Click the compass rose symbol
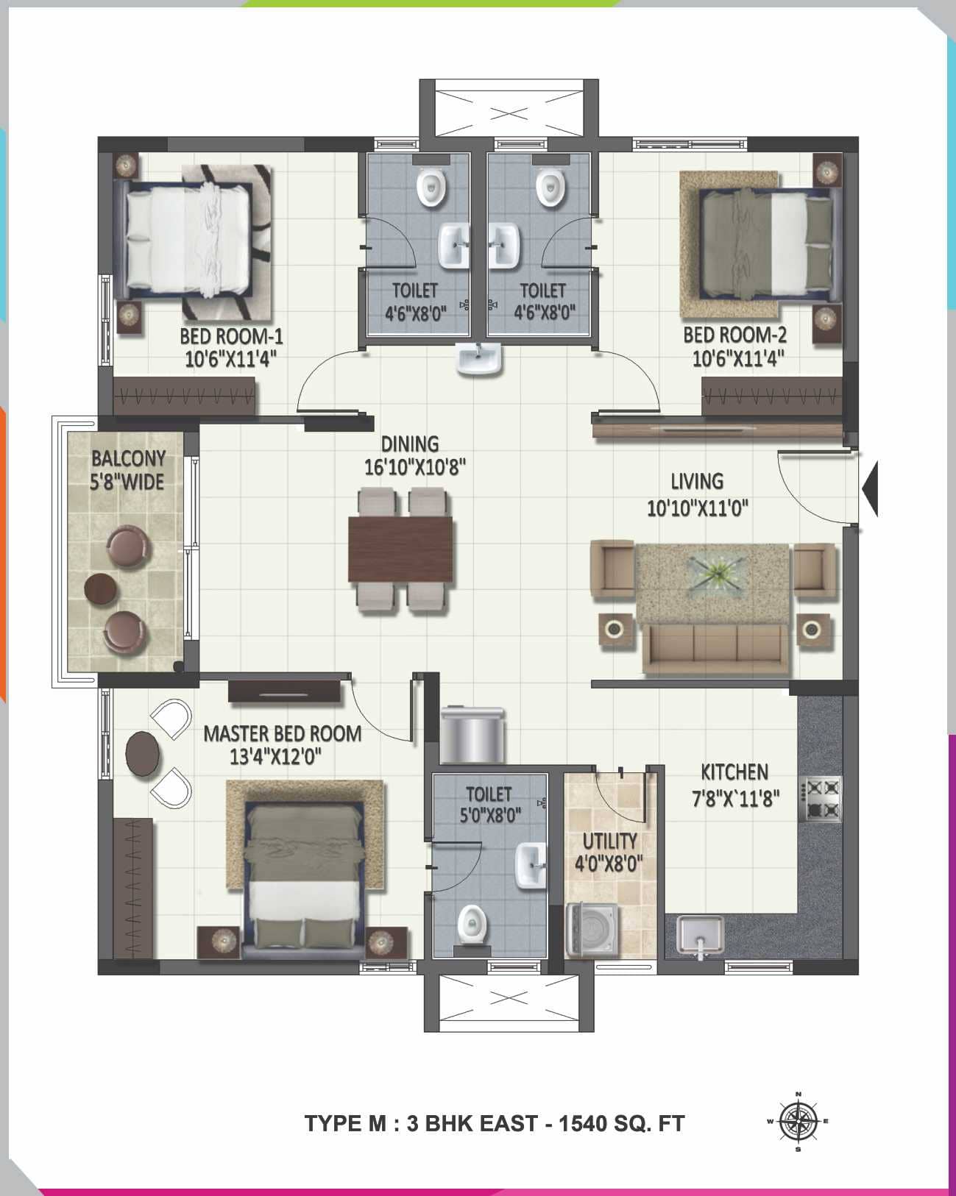pyautogui.click(x=798, y=1122)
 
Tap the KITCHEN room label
pyautogui.click(x=734, y=772)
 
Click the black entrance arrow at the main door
pyautogui.click(x=870, y=487)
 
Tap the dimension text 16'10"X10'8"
pyautogui.click(x=415, y=467)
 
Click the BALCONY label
pyautogui.click(x=128, y=459)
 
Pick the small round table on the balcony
pyautogui.click(x=100, y=588)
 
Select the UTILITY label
pyautogui.click(x=609, y=841)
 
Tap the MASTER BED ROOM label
pyautogui.click(x=283, y=733)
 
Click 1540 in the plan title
pyautogui.click(x=583, y=1124)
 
